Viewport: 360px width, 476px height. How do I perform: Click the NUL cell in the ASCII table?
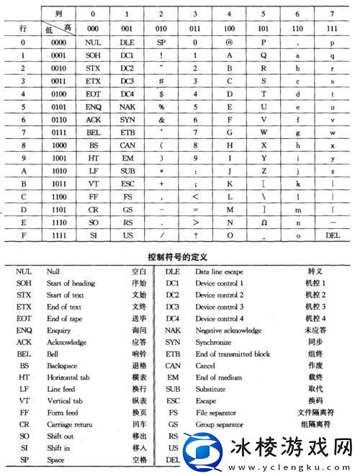tap(91, 42)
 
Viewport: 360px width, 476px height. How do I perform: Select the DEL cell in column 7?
tap(332, 235)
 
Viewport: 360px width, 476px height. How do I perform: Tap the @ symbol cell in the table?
tap(229, 42)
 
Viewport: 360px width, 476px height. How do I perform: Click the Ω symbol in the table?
tap(264, 223)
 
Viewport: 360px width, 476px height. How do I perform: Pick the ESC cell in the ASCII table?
tap(127, 184)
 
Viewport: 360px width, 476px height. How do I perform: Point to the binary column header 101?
tap(264, 30)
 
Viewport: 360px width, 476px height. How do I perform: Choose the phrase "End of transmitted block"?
tap(233, 353)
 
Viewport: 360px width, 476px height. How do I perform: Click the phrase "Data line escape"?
tap(220, 271)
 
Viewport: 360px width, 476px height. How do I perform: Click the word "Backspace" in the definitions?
tap(63, 364)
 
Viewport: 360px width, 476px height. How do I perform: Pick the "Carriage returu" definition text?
tap(70, 423)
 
